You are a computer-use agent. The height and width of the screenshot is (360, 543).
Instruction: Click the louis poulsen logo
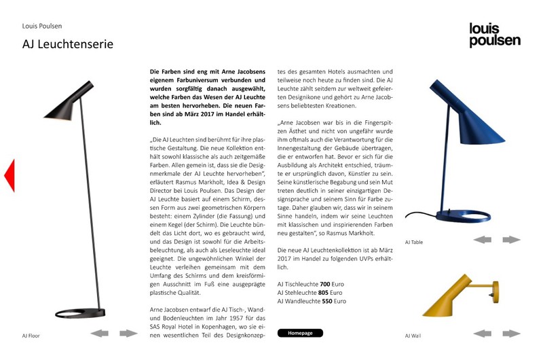click(x=495, y=35)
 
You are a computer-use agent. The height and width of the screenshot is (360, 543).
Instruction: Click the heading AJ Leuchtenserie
click(x=67, y=45)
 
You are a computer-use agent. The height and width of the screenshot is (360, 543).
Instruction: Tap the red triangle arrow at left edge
click(x=9, y=175)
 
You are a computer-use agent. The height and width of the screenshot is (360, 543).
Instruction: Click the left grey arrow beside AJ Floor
click(x=100, y=333)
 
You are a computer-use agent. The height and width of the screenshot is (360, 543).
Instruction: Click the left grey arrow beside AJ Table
click(x=482, y=239)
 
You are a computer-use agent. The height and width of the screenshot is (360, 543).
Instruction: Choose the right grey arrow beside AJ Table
click(x=511, y=239)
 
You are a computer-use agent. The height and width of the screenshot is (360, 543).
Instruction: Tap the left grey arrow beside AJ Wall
click(x=482, y=333)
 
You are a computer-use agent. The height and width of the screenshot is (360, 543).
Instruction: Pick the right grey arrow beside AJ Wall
click(x=511, y=333)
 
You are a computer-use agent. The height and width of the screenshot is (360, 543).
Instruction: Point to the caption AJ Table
click(x=414, y=242)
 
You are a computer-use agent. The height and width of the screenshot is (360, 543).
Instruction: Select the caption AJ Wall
click(x=413, y=336)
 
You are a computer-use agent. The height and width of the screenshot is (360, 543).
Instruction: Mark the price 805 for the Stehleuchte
click(x=328, y=291)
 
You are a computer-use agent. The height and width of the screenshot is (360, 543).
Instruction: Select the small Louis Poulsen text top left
click(x=42, y=26)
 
